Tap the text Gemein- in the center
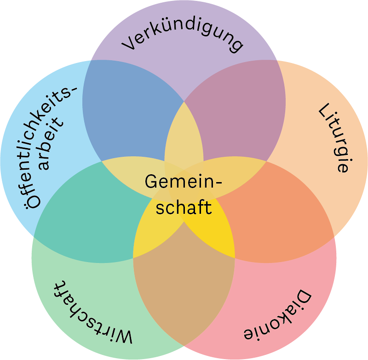183,182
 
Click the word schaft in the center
183,207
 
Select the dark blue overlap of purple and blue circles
129,110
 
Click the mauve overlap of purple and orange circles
235,115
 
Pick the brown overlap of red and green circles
184,290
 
